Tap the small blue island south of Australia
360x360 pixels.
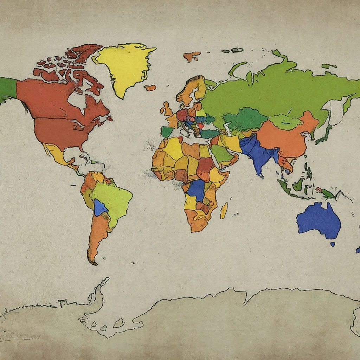pos(332,244)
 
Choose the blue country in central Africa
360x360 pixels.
pos(197,190)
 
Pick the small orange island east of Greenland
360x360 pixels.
pos(150,88)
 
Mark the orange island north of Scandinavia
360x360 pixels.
pos(192,56)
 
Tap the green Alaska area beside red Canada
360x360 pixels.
pos(8,88)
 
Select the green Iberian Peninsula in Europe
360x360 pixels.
pos(167,132)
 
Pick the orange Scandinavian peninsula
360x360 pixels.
pos(190,90)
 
